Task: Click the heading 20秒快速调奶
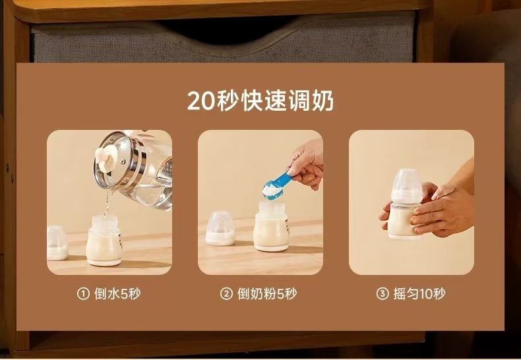(260, 100)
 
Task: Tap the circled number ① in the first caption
(83, 293)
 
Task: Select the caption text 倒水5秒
(117, 293)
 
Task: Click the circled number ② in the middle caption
(226, 293)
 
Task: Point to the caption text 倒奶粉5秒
(267, 293)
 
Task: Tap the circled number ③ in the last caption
(382, 293)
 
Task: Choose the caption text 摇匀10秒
(419, 293)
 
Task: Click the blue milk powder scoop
(276, 186)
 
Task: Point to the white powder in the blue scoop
(272, 191)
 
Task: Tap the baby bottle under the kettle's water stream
(104, 241)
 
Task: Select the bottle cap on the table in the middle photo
(220, 229)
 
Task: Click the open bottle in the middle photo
(271, 227)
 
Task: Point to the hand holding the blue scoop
(307, 165)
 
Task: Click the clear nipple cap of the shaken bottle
(407, 186)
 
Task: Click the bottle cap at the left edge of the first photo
(57, 243)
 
